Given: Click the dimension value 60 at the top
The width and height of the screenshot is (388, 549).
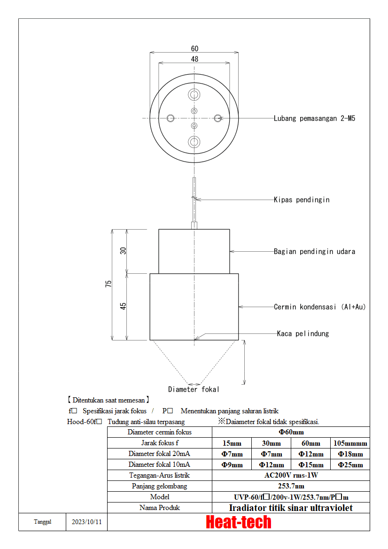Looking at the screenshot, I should [194, 49].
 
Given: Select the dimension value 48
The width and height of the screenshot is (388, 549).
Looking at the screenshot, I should [194, 59].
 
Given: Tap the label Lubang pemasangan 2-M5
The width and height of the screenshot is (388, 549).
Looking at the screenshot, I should [314, 118].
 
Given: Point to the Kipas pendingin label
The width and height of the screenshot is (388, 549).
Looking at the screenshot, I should [302, 200].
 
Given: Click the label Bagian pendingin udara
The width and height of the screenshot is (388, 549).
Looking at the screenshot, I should [314, 251].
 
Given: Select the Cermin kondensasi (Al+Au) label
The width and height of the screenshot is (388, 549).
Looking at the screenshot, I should [319, 307].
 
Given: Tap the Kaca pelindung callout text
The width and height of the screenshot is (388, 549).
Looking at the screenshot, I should [303, 333].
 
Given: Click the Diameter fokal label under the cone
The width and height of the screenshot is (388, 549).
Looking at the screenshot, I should [194, 389].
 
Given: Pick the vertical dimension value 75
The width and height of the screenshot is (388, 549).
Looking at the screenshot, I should [109, 284].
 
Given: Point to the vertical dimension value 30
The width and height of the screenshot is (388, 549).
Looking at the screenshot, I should [123, 251].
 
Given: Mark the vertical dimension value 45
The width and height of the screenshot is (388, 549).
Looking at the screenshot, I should [123, 306].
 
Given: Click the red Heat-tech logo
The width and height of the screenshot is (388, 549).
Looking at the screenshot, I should [239, 522].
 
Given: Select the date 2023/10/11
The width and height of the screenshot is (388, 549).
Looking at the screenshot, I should [86, 522].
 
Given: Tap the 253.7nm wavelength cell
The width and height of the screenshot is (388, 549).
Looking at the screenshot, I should [291, 486].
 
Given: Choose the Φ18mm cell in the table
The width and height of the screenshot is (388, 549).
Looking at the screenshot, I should [350, 454].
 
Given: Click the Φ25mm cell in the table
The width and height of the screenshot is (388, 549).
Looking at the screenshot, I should [350, 464].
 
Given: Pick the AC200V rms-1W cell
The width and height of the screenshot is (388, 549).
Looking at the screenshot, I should [291, 475].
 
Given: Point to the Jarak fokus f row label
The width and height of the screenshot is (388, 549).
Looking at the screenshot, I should [160, 443].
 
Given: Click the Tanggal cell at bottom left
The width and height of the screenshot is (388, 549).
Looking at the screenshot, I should [42, 522].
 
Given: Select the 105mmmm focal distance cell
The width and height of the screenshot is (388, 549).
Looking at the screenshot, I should [350, 443].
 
